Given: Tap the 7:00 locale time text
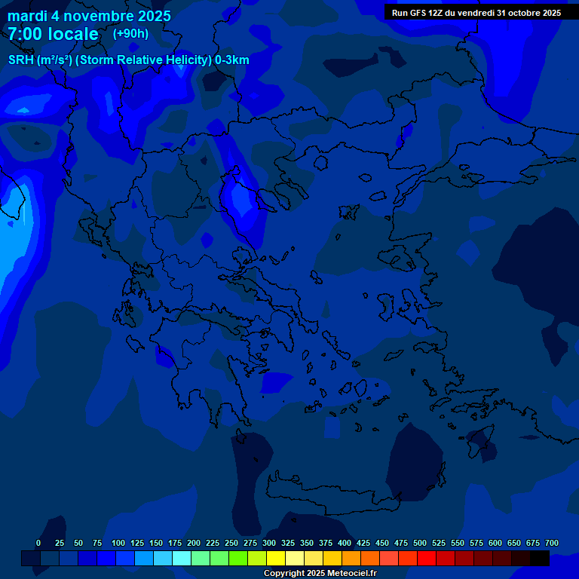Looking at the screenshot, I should click(x=53, y=34).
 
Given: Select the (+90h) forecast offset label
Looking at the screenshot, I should click(x=130, y=33).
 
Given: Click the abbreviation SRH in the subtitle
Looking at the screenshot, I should click(x=21, y=60).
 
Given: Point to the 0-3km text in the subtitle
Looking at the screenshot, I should click(x=232, y=60).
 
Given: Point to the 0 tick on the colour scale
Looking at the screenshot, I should click(x=38, y=543).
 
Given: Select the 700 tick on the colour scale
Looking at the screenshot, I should click(x=551, y=543).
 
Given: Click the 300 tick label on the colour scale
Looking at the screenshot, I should click(x=269, y=543).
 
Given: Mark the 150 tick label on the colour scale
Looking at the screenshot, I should click(x=156, y=543).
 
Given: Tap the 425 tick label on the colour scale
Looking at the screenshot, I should click(x=363, y=543).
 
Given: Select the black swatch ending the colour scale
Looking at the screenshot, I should click(x=540, y=559).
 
